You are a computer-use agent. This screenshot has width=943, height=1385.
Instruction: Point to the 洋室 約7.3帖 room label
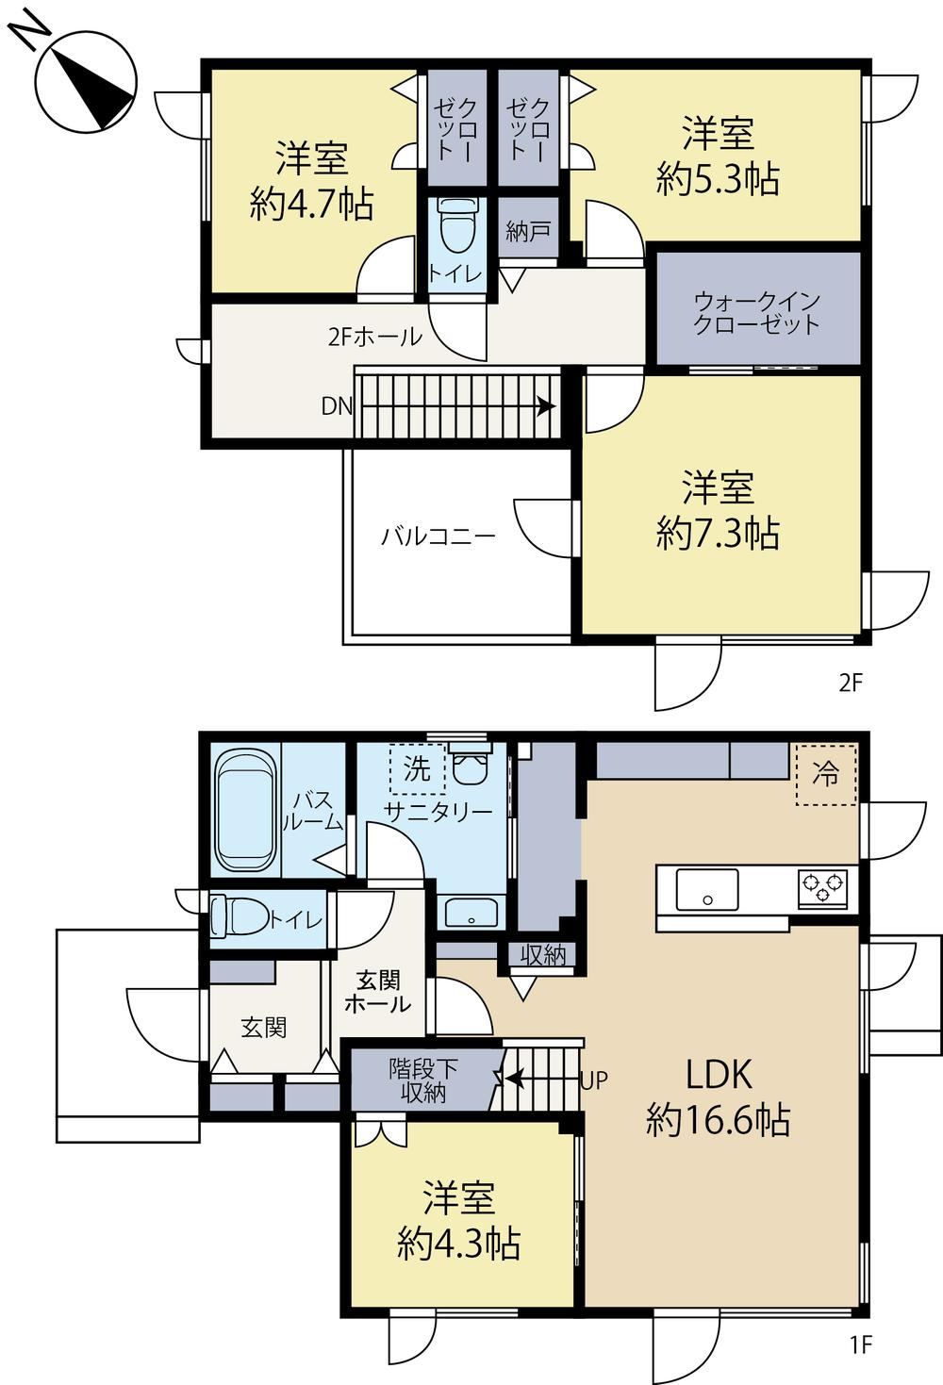[718, 510]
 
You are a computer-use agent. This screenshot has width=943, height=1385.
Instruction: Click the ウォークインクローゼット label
[757, 313]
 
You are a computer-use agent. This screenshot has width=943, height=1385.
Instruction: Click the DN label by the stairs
[337, 406]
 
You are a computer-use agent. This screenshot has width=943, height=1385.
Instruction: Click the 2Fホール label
[374, 337]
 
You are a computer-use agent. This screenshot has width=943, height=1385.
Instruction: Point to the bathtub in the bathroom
[246, 814]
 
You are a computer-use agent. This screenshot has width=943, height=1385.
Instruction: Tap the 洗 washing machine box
[418, 768]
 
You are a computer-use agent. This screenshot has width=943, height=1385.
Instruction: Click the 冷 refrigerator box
[826, 775]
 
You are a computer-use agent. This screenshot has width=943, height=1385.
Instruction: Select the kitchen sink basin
[707, 890]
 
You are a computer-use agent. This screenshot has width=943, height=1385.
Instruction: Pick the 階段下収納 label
[423, 1081]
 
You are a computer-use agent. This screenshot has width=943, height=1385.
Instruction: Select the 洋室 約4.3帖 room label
[458, 1220]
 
